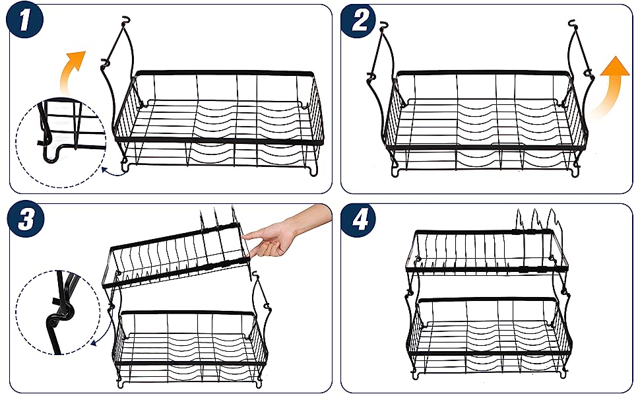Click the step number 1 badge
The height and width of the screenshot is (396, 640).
(x=24, y=20)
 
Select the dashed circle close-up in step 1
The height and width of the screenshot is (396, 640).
(x=61, y=143)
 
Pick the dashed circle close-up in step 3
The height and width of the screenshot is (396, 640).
(x=58, y=312)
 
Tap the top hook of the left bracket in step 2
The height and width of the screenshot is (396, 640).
(x=383, y=25)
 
